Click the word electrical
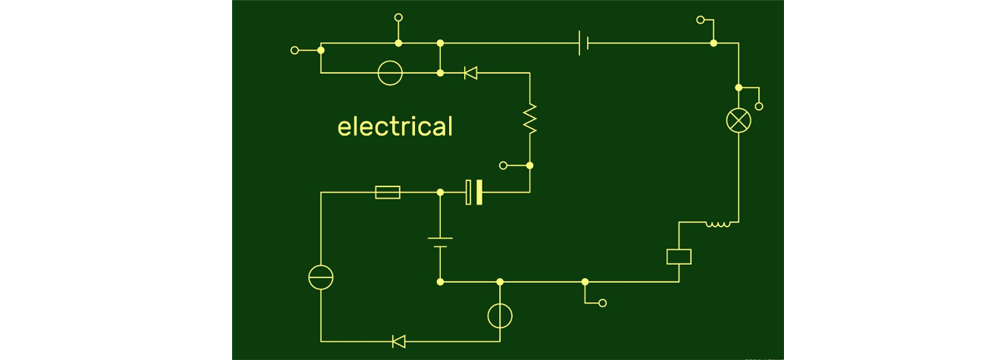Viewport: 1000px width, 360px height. [x=395, y=126]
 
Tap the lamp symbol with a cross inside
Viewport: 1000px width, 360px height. [x=739, y=121]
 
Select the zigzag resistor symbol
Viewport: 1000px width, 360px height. [x=529, y=119]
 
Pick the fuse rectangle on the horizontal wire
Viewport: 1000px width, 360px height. [x=388, y=192]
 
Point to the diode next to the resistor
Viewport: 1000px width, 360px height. [x=471, y=73]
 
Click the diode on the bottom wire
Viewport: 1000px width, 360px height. [x=399, y=341]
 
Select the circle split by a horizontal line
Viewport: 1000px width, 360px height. [x=321, y=277]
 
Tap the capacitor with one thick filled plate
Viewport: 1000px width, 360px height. [x=474, y=192]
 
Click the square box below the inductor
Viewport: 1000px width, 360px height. [x=679, y=257]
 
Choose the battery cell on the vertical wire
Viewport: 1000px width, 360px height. [x=440, y=243]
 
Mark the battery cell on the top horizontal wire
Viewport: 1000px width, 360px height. [x=583, y=43]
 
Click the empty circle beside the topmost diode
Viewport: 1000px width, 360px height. [x=390, y=73]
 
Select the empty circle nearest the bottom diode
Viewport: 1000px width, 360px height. [x=500, y=315]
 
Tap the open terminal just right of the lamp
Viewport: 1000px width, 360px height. [x=759, y=107]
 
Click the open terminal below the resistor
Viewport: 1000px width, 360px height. [x=503, y=165]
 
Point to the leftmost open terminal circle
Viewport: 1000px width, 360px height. [x=294, y=50]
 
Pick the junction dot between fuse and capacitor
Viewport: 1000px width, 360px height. [x=440, y=192]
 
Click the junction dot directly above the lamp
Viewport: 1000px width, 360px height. [x=739, y=87]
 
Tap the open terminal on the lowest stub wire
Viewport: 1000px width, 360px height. [x=602, y=303]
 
